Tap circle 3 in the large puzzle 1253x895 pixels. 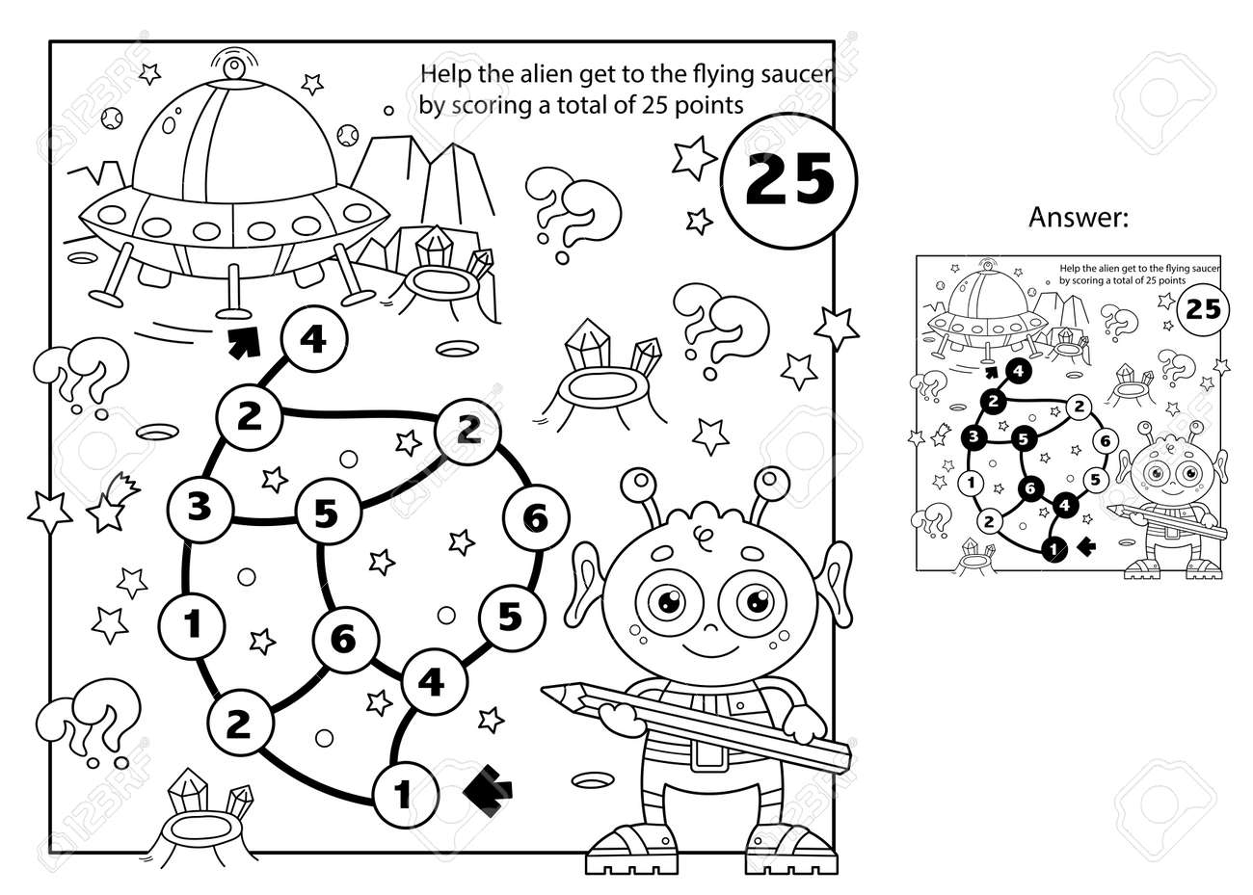pyautogui.click(x=199, y=508)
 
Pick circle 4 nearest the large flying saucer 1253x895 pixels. pyautogui.click(x=309, y=341)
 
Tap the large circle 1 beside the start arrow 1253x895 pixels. pyautogui.click(x=403, y=795)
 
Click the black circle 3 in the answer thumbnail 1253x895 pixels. pyautogui.click(x=974, y=437)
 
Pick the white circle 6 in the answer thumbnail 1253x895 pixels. pyautogui.click(x=1105, y=440)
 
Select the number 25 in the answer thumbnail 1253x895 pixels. pyautogui.click(x=1202, y=308)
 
